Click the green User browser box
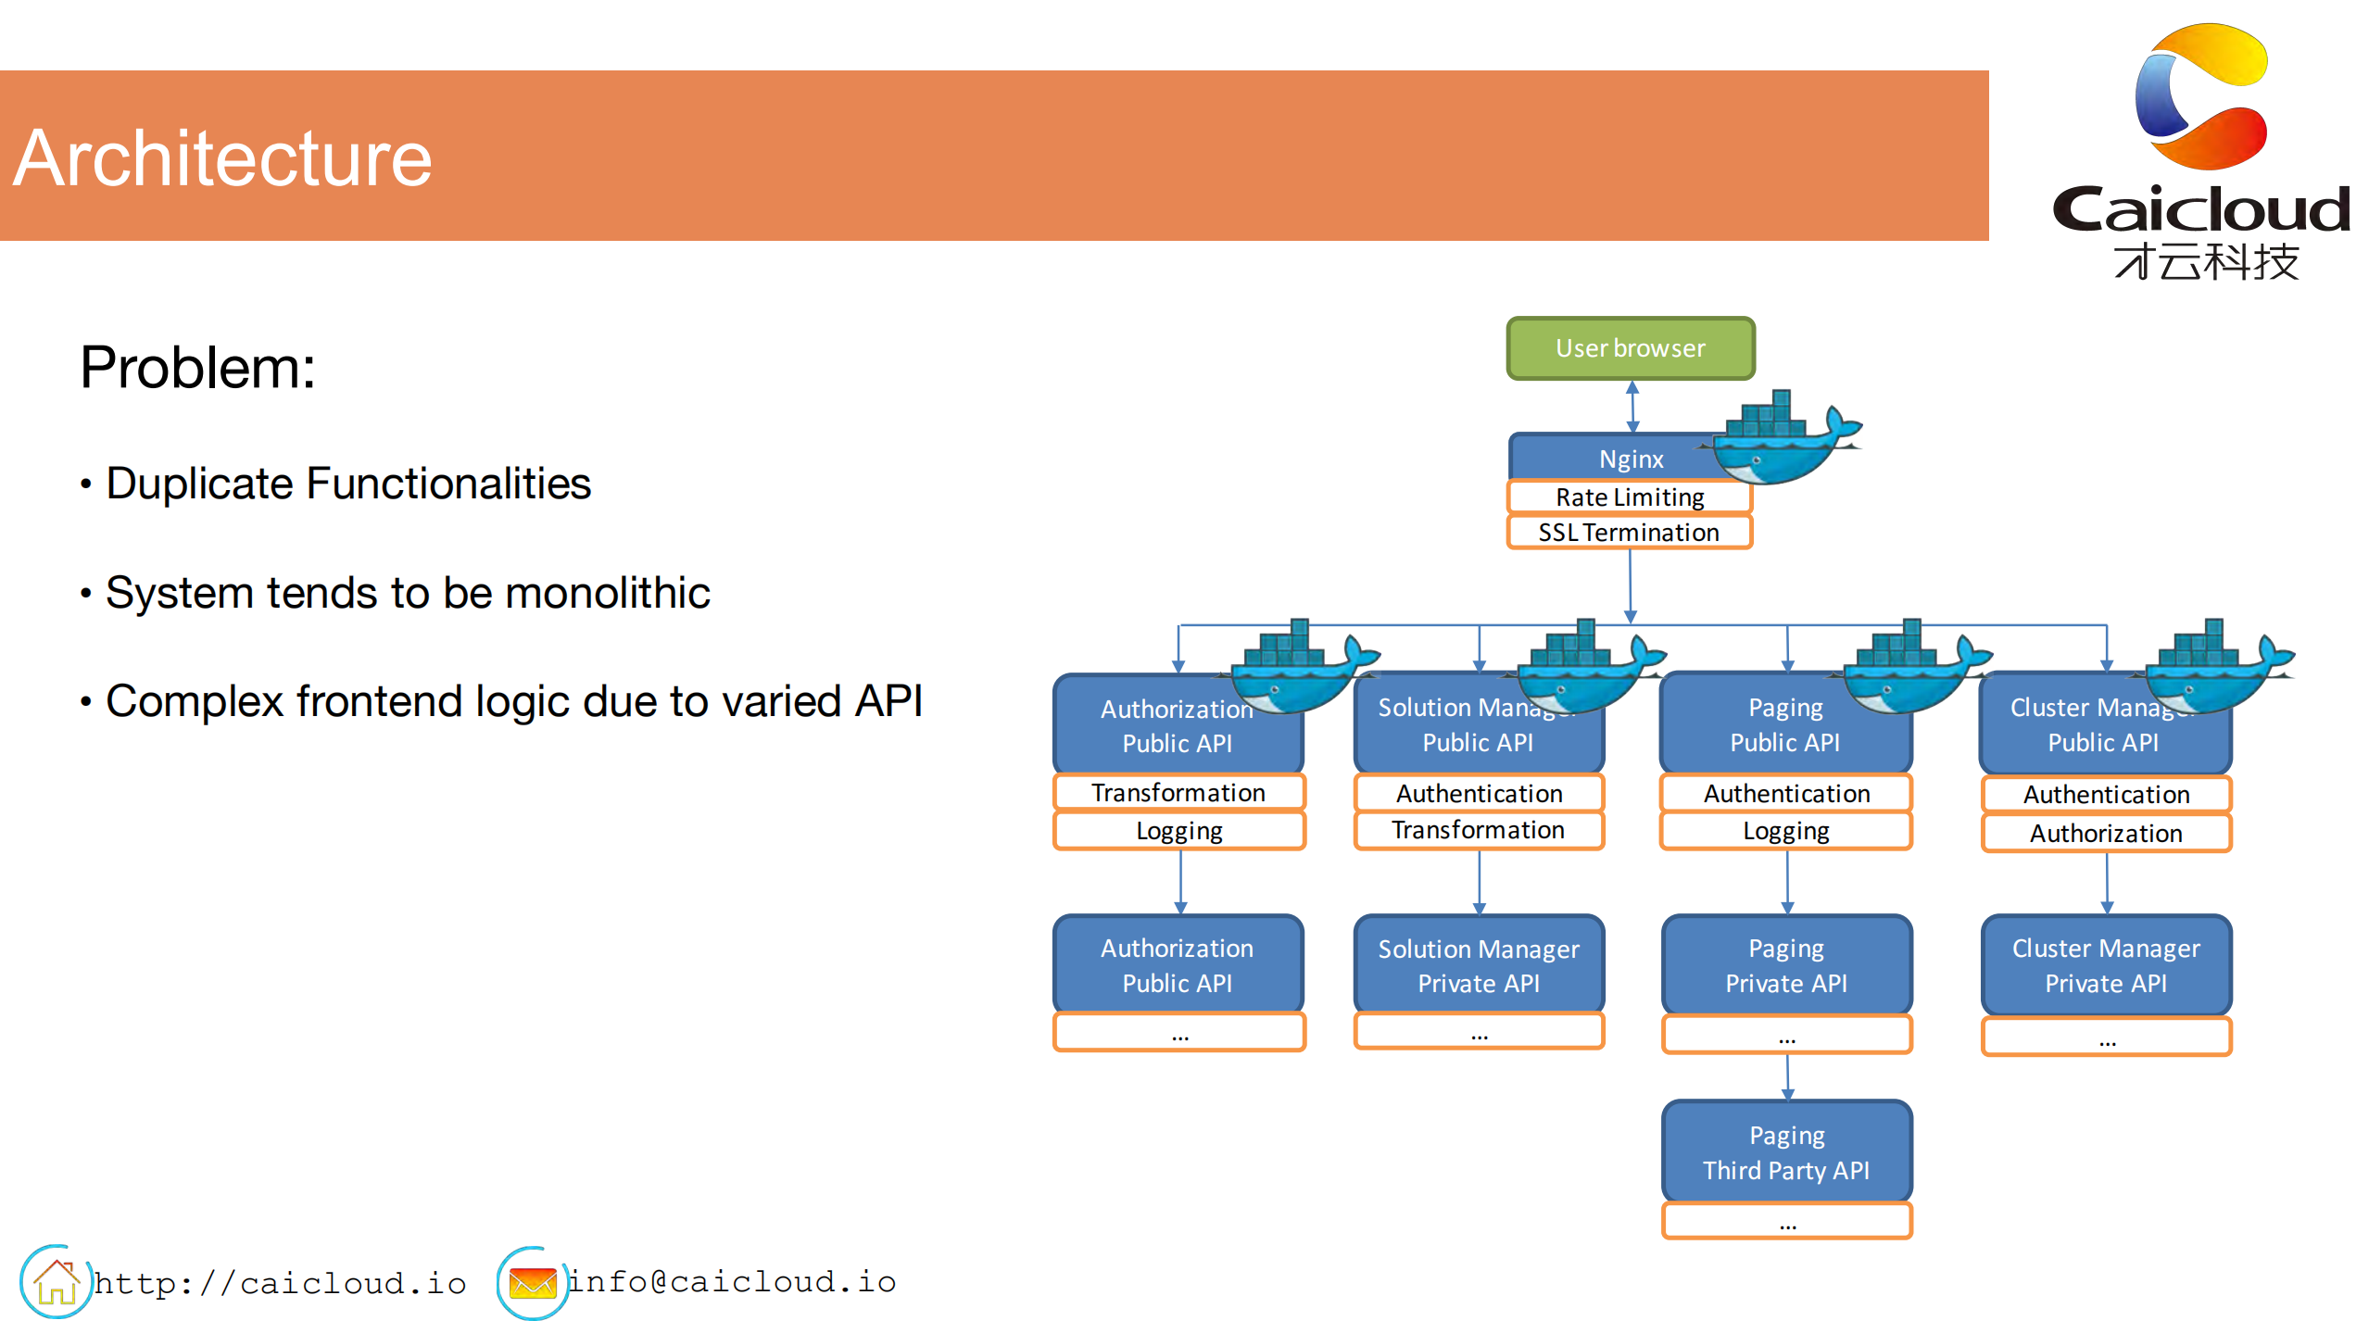click(x=1630, y=348)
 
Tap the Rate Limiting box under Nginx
click(x=1629, y=497)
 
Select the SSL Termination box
click(x=1629, y=533)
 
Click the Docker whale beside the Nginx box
click(x=1779, y=440)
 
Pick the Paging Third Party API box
click(x=1785, y=1152)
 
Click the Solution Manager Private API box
click(x=1478, y=965)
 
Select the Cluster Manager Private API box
click(x=2105, y=965)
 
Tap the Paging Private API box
click(x=1785, y=965)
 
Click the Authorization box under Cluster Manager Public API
click(x=2105, y=833)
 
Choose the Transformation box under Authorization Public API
click(x=1178, y=793)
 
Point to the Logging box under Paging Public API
click(x=1785, y=831)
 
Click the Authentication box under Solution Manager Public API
click(x=1478, y=793)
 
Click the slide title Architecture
click(x=222, y=158)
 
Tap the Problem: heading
click(x=197, y=368)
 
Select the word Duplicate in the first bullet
click(x=200, y=484)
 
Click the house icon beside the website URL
click(x=56, y=1282)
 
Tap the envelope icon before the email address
click(x=532, y=1283)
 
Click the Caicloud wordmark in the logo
click(x=2201, y=210)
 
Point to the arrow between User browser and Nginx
click(x=1632, y=407)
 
